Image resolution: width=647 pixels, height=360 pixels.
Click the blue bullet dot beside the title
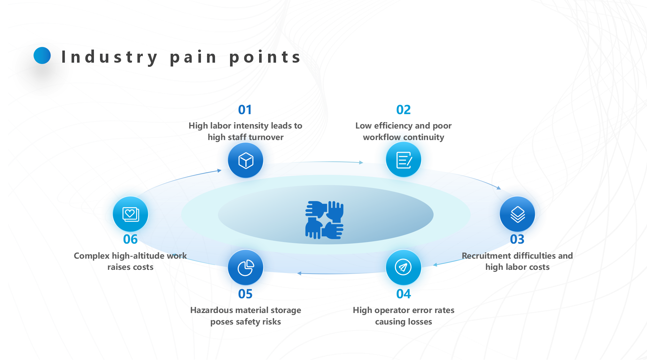[42, 55]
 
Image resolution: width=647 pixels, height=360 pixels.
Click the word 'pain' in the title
[193, 57]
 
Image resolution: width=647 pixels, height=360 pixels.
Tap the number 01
[245, 110]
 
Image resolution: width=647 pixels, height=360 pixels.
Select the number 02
[403, 110]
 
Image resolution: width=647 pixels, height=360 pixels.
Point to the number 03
[517, 239]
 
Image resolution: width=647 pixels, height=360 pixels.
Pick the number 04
[403, 294]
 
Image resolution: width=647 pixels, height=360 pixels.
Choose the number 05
[245, 294]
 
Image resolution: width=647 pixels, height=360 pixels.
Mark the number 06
[130, 239]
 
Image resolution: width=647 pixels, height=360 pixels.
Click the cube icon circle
[245, 160]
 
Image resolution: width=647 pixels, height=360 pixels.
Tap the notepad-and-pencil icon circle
[404, 160]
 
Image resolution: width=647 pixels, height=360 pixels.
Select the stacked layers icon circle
[517, 214]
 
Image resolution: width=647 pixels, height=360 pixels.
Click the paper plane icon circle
[403, 267]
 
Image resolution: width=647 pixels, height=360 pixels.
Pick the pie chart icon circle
[245, 267]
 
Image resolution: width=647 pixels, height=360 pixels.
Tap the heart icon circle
[130, 214]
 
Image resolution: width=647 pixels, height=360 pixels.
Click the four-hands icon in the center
[324, 220]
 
